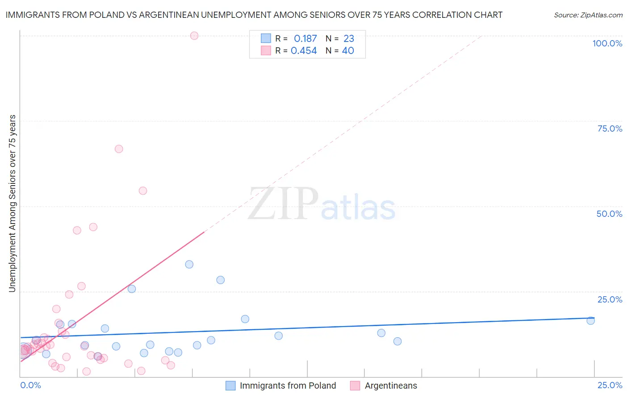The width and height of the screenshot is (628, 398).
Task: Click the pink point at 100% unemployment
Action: point(194,36)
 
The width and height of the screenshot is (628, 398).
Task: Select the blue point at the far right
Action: point(590,320)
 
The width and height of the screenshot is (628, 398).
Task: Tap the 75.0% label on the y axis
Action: point(610,129)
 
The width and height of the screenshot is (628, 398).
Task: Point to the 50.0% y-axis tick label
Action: point(609,214)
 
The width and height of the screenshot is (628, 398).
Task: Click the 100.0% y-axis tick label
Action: point(607,43)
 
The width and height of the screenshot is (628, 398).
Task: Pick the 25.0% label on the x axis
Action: point(610,385)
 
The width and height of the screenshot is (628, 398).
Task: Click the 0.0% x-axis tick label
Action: point(30,385)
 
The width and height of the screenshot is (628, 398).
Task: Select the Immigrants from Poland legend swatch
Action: point(230,386)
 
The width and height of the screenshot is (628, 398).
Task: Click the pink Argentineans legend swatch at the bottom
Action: point(355,386)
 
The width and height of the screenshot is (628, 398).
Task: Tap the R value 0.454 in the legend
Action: point(304,51)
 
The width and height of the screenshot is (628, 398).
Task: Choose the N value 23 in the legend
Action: point(348,39)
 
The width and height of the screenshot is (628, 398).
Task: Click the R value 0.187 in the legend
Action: point(305,39)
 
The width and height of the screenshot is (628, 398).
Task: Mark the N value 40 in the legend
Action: point(348,51)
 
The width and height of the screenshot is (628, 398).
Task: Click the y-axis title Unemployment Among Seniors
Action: point(12,203)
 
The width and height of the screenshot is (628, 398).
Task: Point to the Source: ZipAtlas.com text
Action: point(588,15)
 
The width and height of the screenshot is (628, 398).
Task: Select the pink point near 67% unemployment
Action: point(118,149)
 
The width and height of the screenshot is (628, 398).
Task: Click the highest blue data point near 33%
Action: point(189,264)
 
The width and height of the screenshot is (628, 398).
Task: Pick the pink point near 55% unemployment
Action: point(142,191)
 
